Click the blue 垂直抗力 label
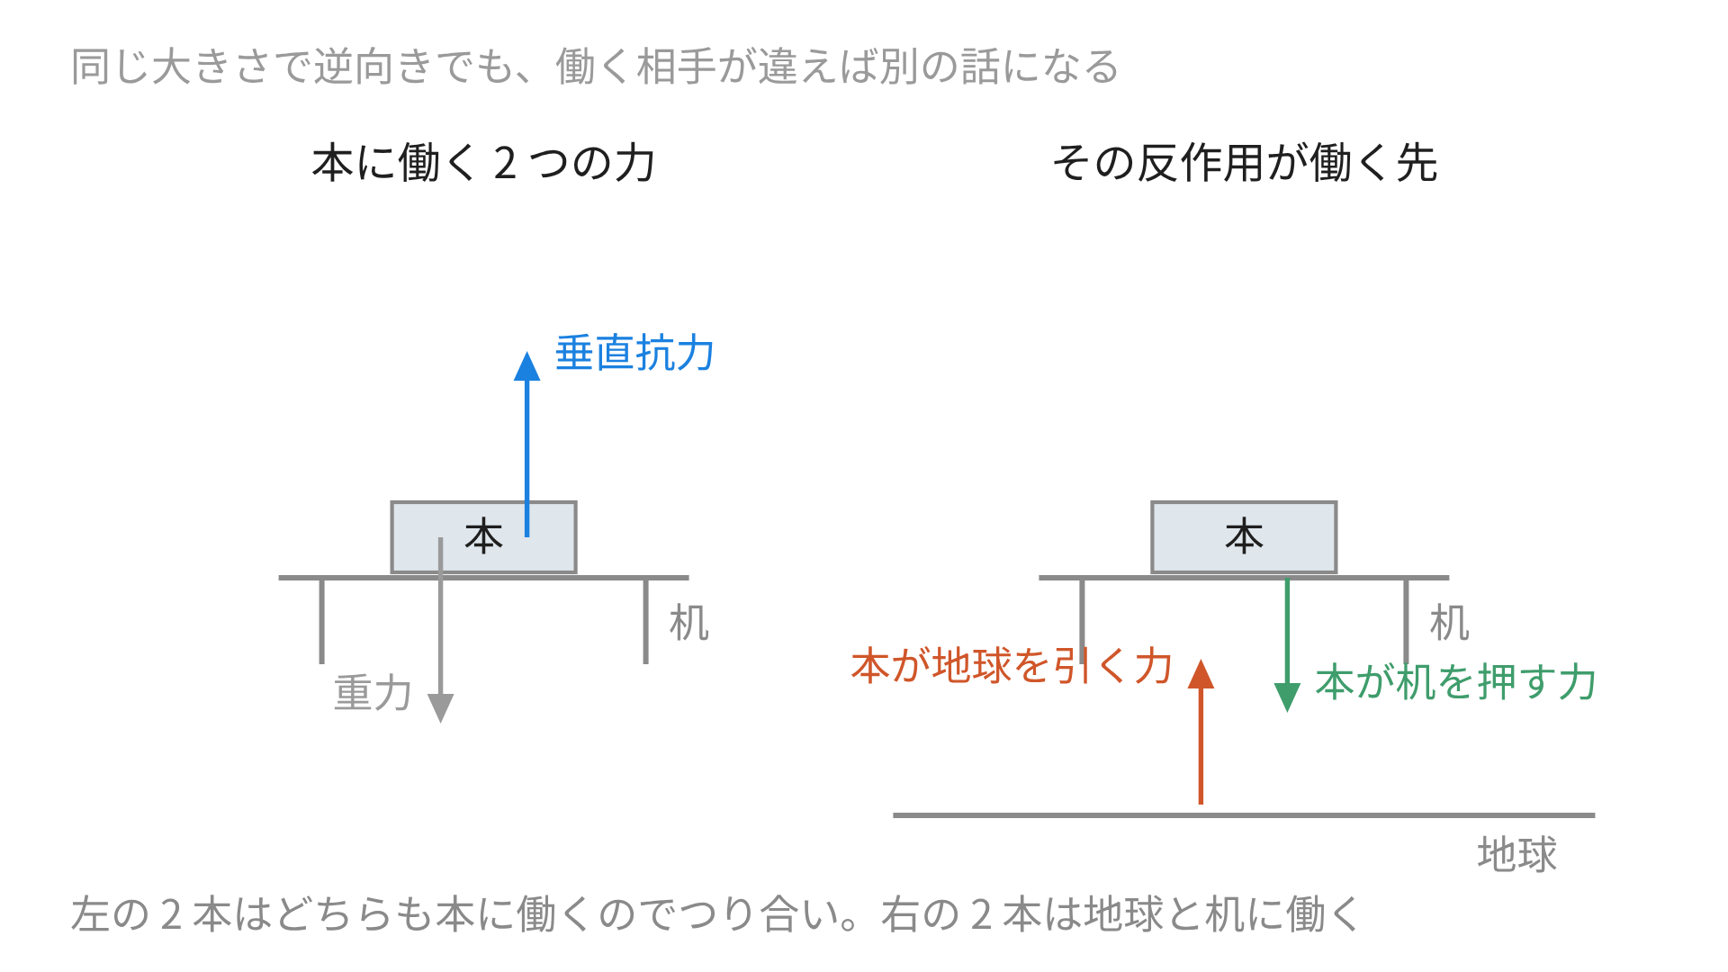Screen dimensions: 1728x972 pyautogui.click(x=634, y=353)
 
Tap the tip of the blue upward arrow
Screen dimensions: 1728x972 pyautogui.click(x=527, y=351)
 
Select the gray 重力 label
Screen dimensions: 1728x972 pyautogui.click(x=373, y=693)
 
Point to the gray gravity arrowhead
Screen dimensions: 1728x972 pyautogui.click(x=440, y=708)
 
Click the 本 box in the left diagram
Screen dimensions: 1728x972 pyautogui.click(x=483, y=537)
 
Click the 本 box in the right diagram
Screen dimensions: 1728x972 pyautogui.click(x=1244, y=537)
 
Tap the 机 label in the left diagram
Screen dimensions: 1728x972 pyautogui.click(x=689, y=623)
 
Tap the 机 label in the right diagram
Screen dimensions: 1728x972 pyautogui.click(x=1450, y=623)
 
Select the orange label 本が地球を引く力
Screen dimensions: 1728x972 pyautogui.click(x=1012, y=666)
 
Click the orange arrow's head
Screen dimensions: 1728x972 pyautogui.click(x=1201, y=674)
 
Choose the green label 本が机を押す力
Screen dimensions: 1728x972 pyautogui.click(x=1456, y=682)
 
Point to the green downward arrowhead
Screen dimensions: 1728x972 pyautogui.click(x=1287, y=697)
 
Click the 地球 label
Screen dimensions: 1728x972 pyautogui.click(x=1517, y=854)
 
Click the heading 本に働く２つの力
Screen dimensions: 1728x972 pyautogui.click(x=484, y=163)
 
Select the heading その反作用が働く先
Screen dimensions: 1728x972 pyautogui.click(x=1245, y=163)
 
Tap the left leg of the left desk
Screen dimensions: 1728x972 pyautogui.click(x=321, y=621)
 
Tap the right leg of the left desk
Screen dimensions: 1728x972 pyautogui.click(x=645, y=621)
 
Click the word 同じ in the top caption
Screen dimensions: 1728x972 pyautogui.click(x=111, y=67)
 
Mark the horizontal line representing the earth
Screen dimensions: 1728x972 pyautogui.click(x=1244, y=815)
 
